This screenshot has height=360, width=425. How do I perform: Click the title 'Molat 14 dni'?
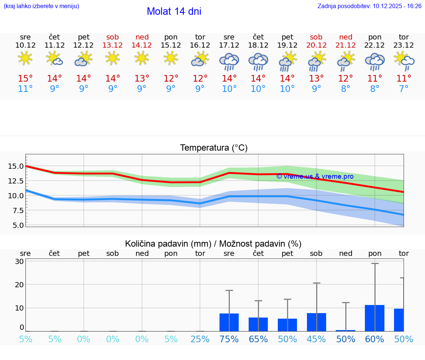174,11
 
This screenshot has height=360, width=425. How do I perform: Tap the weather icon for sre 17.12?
229,61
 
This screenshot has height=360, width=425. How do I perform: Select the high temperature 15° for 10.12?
25,79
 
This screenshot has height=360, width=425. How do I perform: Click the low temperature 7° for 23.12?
404,89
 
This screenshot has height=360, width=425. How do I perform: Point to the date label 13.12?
113,45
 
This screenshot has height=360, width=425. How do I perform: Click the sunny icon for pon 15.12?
171,58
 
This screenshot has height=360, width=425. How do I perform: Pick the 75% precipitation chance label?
229,339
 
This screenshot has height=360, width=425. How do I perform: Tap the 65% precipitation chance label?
258,339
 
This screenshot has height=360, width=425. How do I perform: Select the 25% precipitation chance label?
200,339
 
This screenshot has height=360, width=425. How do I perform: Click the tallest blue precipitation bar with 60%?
374,318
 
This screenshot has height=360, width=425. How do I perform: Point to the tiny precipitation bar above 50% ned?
346,330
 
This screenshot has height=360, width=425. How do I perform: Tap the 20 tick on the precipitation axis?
20,285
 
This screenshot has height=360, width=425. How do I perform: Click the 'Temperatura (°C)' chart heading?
214,148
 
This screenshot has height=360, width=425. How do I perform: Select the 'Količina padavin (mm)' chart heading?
213,244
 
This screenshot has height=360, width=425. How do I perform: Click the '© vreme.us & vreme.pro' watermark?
315,176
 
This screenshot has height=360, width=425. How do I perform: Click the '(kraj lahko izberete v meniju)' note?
41,6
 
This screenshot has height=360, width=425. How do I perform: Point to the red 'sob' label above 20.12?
316,37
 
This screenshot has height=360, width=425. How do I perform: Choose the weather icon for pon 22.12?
374,61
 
